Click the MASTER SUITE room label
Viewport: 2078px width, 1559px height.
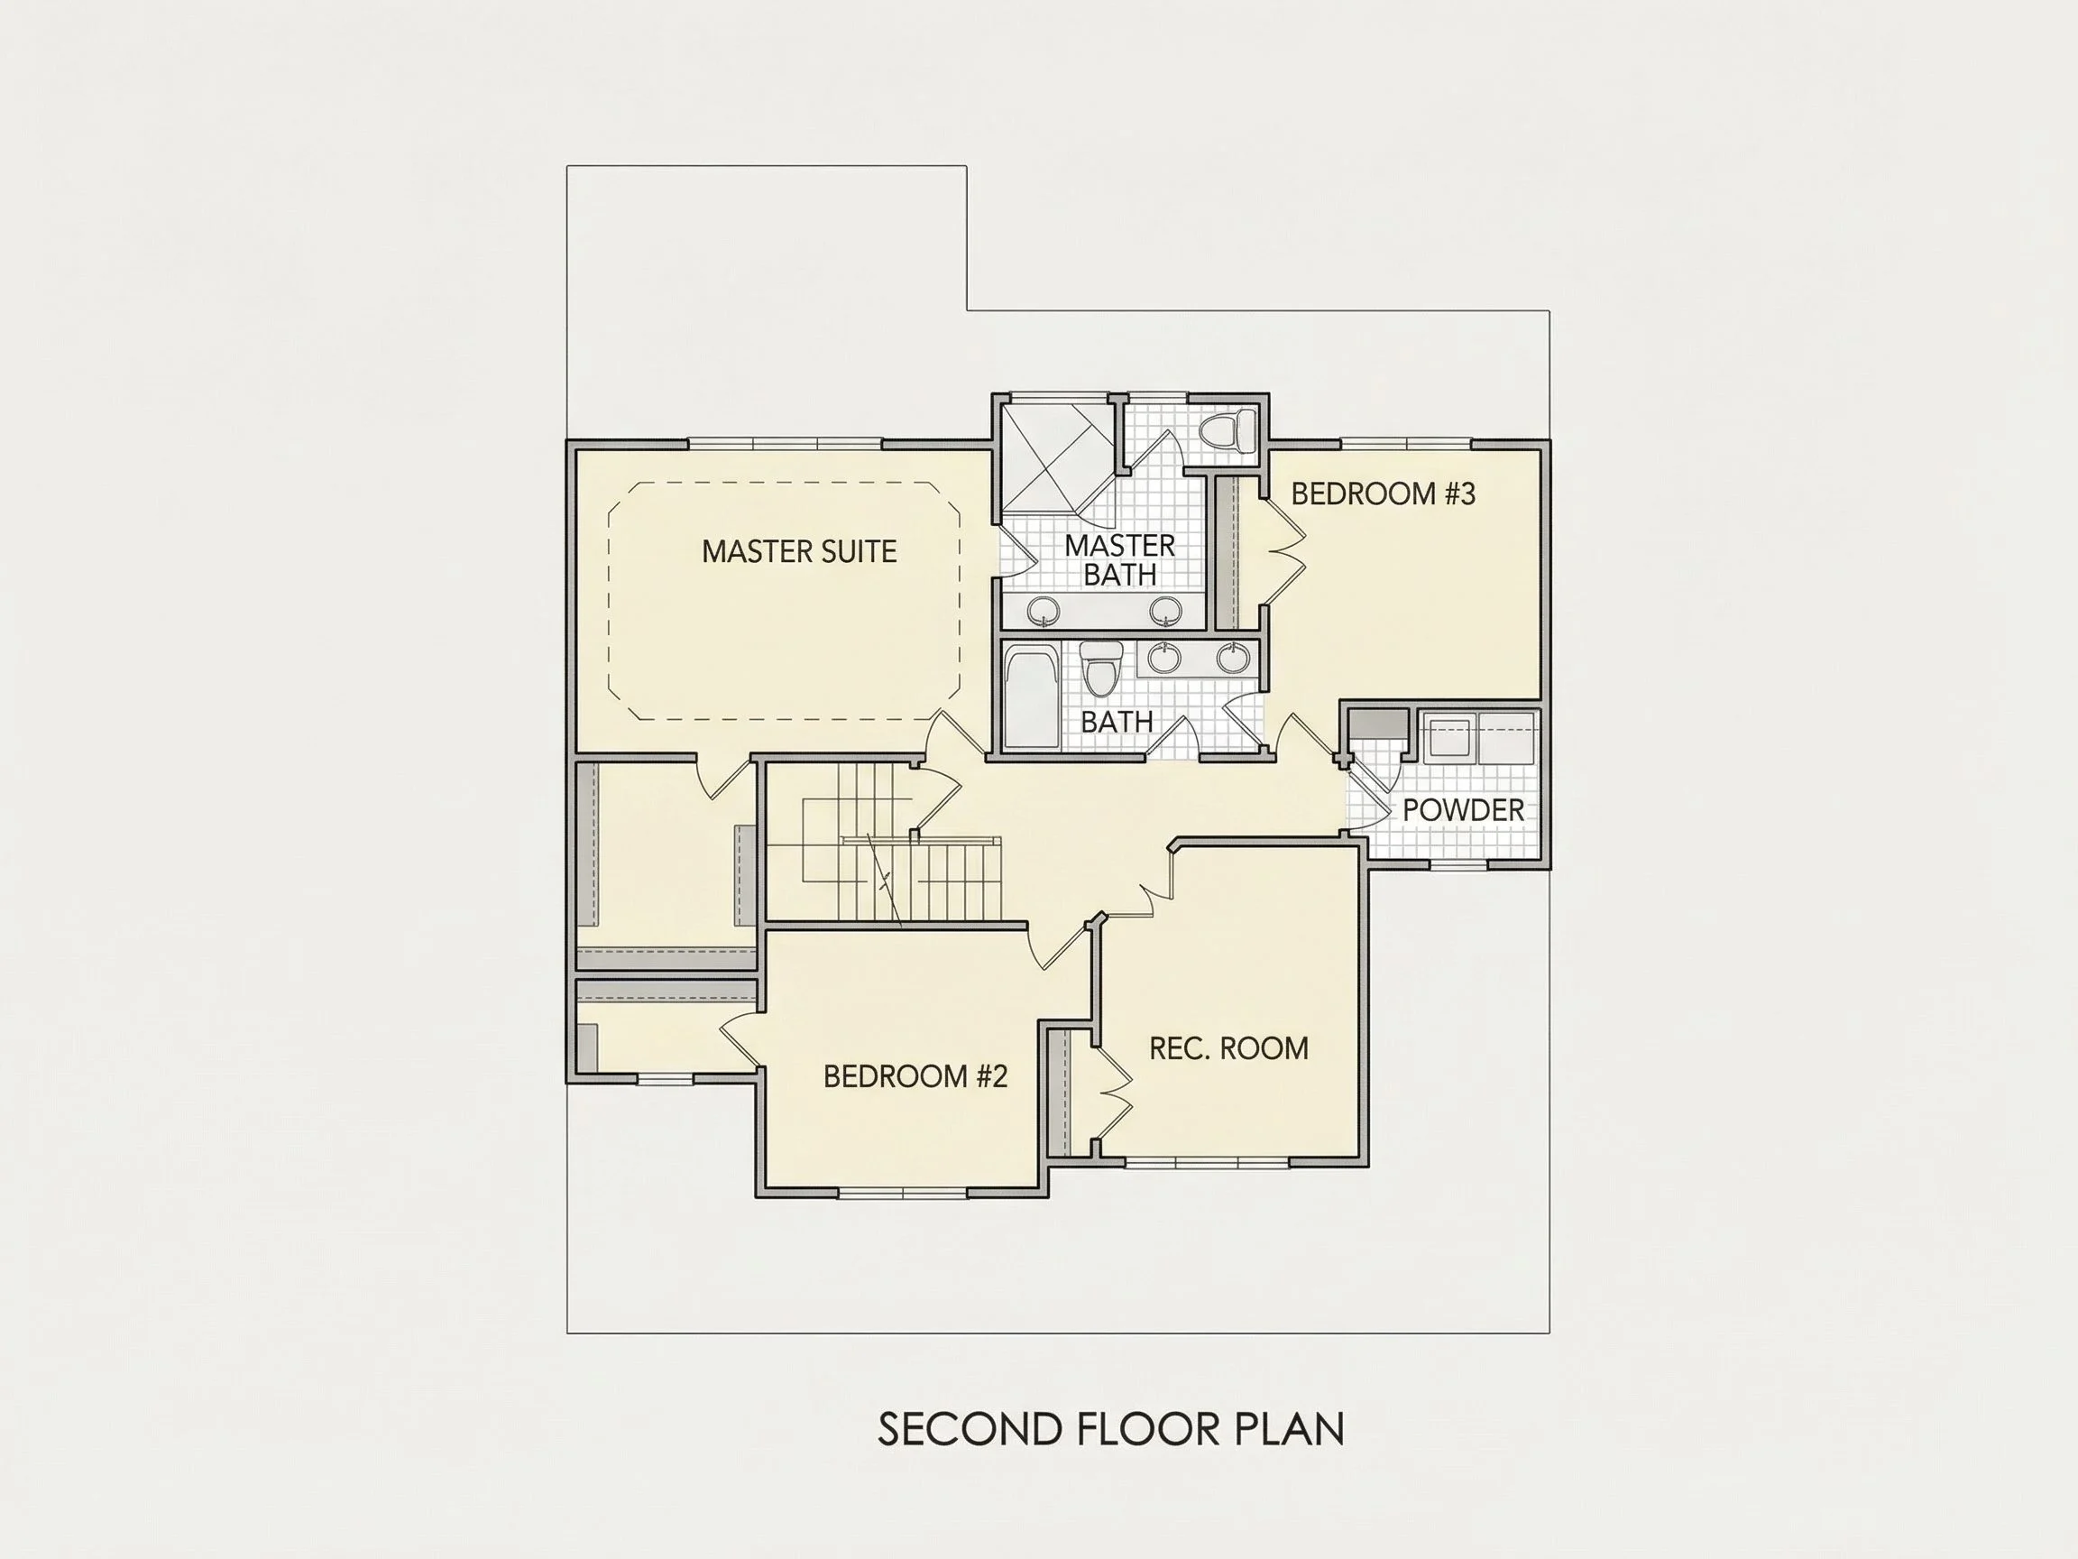pos(798,551)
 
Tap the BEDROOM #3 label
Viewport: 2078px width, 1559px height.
pos(1383,494)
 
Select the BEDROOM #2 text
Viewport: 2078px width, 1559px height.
pos(915,1076)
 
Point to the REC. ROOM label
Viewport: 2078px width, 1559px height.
pos(1228,1047)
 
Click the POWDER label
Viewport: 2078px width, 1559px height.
pos(1463,810)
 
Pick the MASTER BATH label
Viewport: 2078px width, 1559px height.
pos(1120,560)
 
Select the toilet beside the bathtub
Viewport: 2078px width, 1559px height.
pos(1100,669)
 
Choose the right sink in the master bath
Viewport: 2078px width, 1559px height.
pos(1166,612)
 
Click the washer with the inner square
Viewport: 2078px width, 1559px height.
pos(1448,739)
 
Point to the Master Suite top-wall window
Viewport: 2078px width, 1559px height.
pos(786,444)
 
